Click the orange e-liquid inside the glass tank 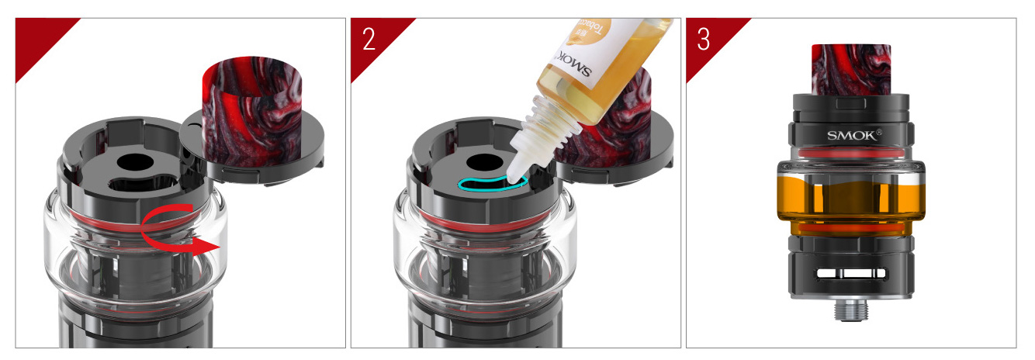coord(851,200)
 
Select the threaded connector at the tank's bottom coord(851,311)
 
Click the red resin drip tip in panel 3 coord(850,67)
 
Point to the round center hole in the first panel coord(136,163)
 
